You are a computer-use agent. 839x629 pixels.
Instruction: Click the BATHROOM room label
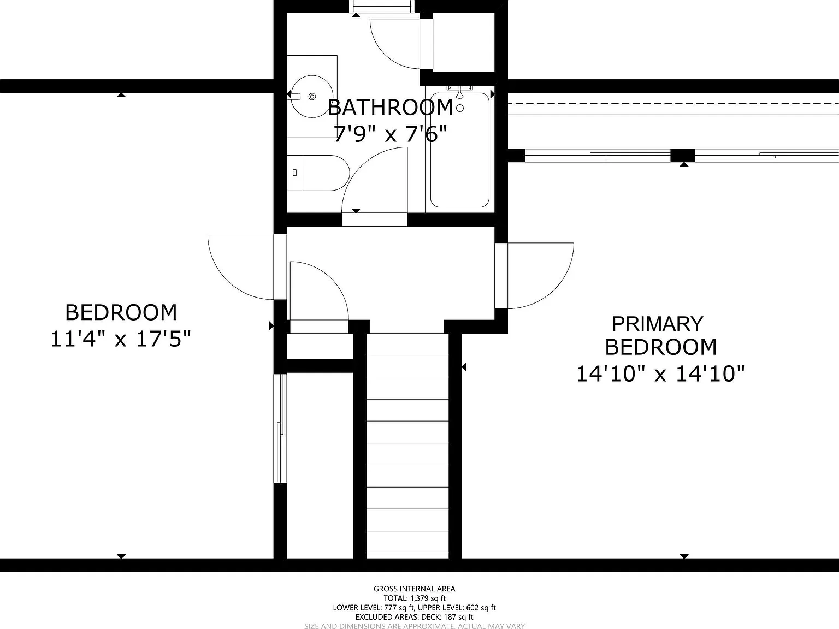click(390, 108)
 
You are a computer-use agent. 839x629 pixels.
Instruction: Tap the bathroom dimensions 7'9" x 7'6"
click(390, 134)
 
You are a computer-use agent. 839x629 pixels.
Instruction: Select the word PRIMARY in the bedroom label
click(658, 324)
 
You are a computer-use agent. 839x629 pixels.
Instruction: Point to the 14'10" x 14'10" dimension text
click(660, 373)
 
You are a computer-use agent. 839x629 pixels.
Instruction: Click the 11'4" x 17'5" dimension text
click(120, 339)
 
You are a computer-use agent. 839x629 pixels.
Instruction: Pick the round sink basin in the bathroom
click(311, 96)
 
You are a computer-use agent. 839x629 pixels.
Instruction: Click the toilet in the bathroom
click(318, 173)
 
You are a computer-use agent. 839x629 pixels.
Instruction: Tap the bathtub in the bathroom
click(460, 150)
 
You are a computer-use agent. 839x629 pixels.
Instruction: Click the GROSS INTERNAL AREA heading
click(415, 589)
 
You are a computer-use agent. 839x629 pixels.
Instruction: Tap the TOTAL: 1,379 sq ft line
click(415, 598)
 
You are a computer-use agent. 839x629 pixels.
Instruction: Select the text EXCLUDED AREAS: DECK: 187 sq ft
click(415, 617)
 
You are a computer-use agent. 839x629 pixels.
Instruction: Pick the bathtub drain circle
click(460, 108)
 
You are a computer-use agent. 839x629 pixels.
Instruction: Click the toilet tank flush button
click(294, 173)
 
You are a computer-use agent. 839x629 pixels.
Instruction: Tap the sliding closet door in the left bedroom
click(280, 428)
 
